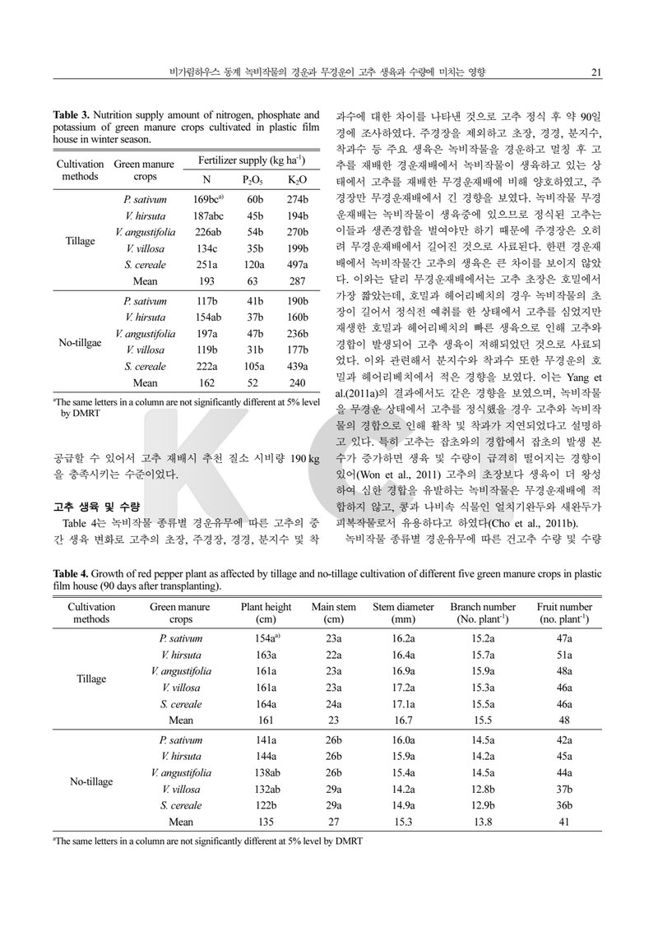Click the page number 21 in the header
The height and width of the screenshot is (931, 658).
coord(598,72)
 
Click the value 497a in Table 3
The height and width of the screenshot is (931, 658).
coord(297,264)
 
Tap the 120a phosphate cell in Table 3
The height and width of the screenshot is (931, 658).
coord(253,264)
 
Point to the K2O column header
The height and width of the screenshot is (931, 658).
coord(297,179)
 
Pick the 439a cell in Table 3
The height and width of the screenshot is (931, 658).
coord(297,367)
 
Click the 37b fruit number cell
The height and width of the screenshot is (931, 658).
coord(564,788)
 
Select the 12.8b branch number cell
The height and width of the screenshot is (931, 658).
coord(483,788)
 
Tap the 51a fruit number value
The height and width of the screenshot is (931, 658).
coord(564,654)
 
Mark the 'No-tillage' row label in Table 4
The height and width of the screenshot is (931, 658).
coord(90,781)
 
